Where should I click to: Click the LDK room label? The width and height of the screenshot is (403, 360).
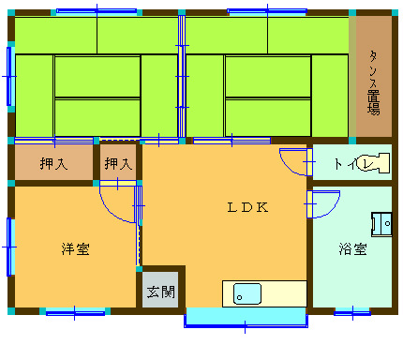coord(247,207)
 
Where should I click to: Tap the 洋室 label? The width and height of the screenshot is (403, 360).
coord(75,248)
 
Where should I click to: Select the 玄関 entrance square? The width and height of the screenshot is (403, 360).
coord(160,290)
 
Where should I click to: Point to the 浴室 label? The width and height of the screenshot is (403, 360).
coord(352,249)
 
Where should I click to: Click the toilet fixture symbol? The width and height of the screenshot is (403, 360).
coord(373,163)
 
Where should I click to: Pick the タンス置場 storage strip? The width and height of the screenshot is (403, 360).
coord(374,77)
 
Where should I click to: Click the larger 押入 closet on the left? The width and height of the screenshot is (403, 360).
coord(53,162)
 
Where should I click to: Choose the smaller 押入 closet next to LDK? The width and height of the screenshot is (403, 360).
coord(118,162)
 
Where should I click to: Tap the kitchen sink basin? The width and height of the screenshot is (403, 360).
coord(247,293)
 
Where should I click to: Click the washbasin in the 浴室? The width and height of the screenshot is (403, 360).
coord(381,224)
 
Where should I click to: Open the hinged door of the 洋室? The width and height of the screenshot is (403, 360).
coord(117,204)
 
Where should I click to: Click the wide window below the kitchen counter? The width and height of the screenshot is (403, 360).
coord(246,318)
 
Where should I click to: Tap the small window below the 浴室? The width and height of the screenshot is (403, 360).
coord(352,312)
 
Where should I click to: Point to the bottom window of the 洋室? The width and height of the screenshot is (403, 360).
coord(75,312)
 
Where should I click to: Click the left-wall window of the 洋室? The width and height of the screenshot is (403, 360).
coord(9,247)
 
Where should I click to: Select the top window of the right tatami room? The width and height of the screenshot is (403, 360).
coord(267,12)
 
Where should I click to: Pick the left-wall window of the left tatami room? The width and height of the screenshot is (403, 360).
coord(9,76)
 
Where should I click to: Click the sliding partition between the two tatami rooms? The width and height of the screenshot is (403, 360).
coord(182,77)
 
